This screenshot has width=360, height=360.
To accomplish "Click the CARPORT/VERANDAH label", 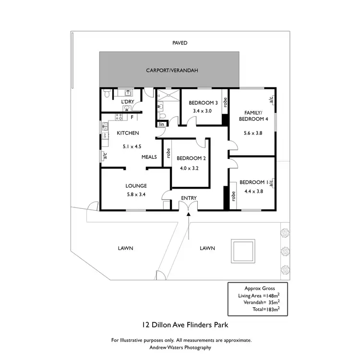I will pyautogui.click(x=172, y=71).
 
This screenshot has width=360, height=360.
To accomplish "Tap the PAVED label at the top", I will pyautogui.click(x=180, y=43).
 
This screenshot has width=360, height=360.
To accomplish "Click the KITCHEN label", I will pyautogui.click(x=128, y=133).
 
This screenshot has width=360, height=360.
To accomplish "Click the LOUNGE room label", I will pyautogui.click(x=136, y=186).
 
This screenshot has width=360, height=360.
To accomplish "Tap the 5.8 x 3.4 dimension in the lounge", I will pyautogui.click(x=136, y=194).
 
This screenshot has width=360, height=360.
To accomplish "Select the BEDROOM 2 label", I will pyautogui.click(x=191, y=158).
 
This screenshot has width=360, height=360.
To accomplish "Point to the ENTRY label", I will pyautogui.click(x=189, y=198).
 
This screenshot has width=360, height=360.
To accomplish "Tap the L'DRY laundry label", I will pyautogui.click(x=127, y=102).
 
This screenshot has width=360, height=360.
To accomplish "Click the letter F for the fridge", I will pyautogui.click(x=132, y=117).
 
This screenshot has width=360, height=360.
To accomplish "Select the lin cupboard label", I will pyautogui.click(x=161, y=124).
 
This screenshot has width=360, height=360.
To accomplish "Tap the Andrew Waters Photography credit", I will pyautogui.click(x=180, y=348).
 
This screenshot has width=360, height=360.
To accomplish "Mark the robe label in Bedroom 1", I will pyautogui.click(x=233, y=196).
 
